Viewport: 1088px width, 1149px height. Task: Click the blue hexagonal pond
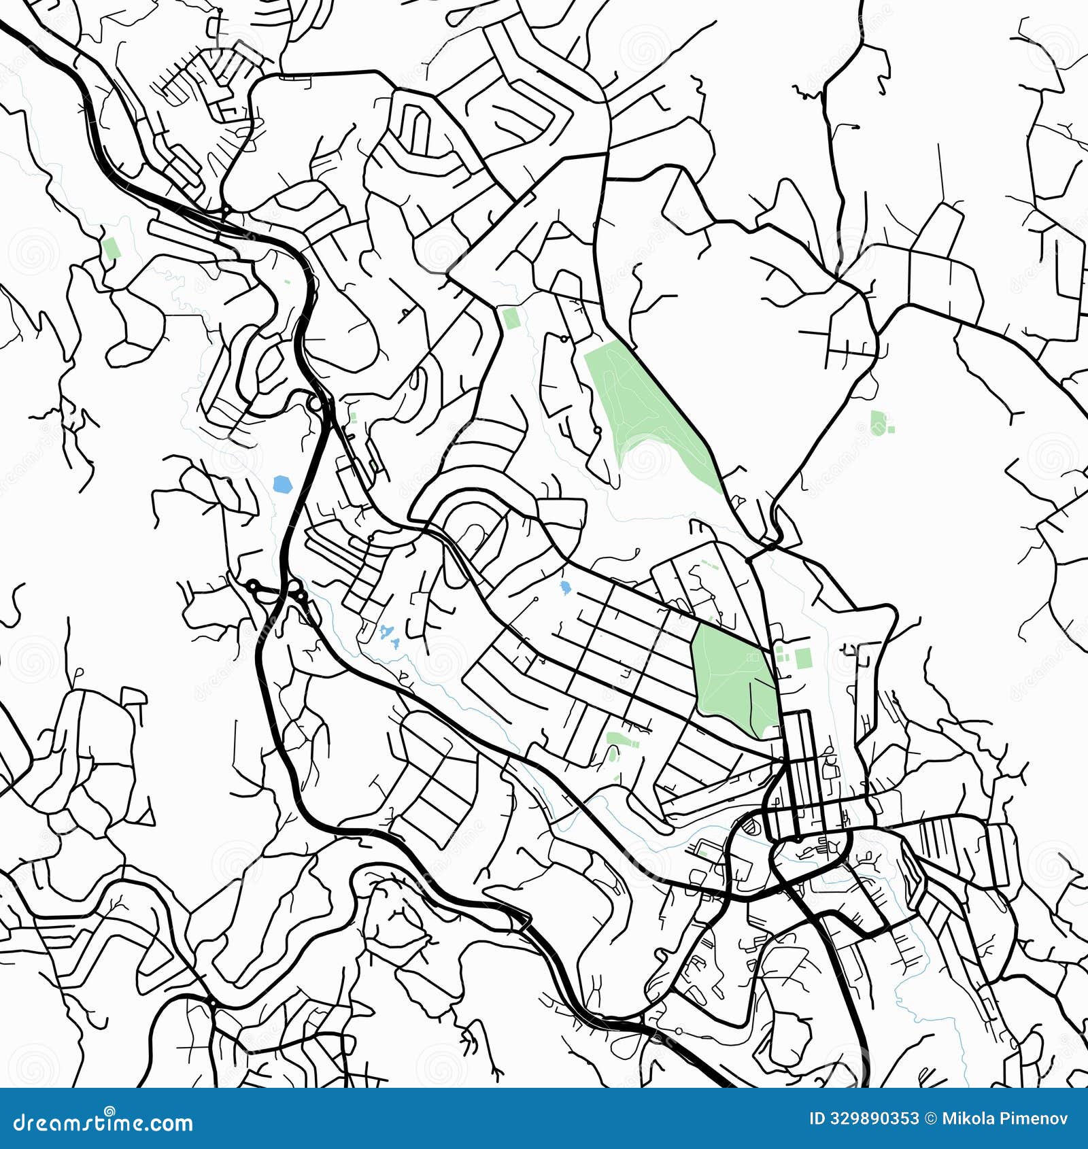pos(282,485)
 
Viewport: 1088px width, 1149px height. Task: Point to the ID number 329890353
pos(874,1118)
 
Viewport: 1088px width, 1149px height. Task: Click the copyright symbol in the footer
pos(930,1118)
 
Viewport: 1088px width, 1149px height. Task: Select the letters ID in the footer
pos(818,1118)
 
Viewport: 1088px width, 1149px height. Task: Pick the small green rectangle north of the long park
pos(509,318)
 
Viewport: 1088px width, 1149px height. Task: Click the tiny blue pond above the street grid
pos(564,586)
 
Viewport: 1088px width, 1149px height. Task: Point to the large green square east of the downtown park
pos(803,657)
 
